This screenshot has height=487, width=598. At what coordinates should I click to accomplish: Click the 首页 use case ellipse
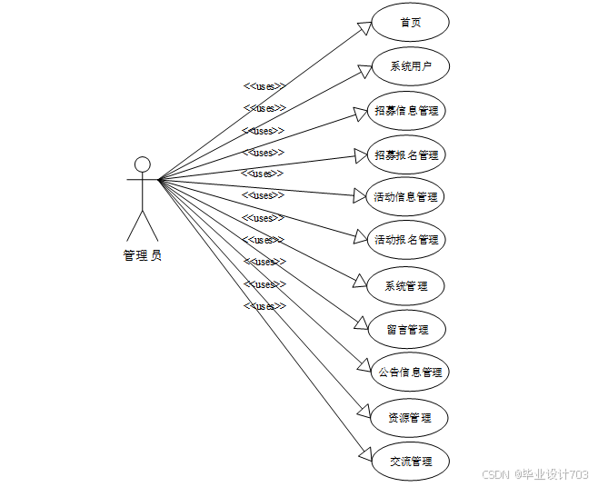click(411, 23)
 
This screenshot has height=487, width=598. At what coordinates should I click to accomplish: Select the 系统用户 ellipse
click(411, 66)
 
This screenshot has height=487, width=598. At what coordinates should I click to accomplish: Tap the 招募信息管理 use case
click(406, 111)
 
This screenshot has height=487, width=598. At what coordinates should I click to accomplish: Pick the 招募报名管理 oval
click(406, 154)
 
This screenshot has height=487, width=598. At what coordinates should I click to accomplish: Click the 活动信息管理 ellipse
click(406, 197)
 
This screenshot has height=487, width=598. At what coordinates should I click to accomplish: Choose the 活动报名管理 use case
click(406, 240)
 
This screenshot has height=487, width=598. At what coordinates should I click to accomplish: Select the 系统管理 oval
click(405, 285)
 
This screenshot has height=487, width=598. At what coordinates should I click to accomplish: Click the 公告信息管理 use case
click(409, 373)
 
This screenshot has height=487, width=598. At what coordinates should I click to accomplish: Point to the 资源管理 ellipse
click(409, 418)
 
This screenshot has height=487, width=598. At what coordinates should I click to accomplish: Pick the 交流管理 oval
click(411, 462)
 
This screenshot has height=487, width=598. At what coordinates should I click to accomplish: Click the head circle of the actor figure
click(142, 164)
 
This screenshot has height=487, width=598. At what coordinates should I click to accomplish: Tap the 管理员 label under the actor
click(143, 256)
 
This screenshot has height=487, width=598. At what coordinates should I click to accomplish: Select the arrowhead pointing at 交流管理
click(364, 453)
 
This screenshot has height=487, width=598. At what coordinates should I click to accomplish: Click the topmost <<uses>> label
click(264, 86)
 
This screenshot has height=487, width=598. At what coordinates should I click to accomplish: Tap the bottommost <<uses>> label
click(264, 306)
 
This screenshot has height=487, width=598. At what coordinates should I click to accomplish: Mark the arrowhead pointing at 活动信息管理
click(358, 194)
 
